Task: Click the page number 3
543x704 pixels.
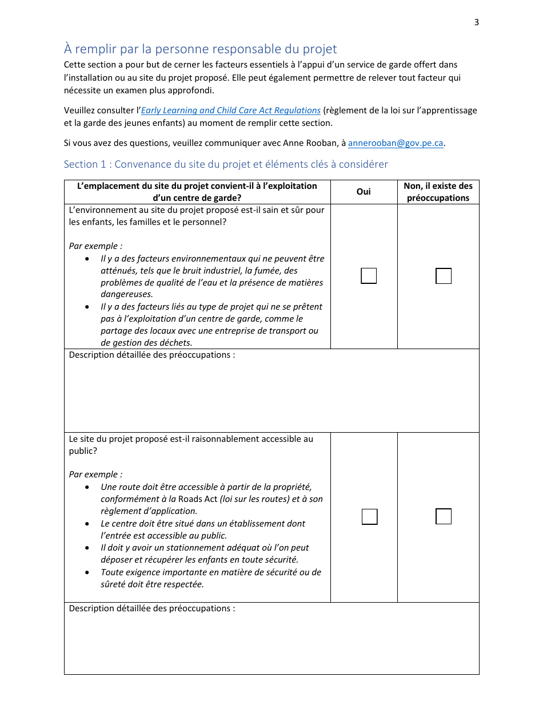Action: (x=476, y=22)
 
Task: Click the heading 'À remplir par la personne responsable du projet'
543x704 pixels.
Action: (x=200, y=49)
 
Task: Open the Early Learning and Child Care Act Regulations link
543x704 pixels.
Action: (x=231, y=110)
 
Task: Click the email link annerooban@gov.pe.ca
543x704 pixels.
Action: (x=396, y=143)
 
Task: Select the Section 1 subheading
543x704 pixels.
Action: (x=226, y=164)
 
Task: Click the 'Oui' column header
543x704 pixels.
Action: (x=364, y=192)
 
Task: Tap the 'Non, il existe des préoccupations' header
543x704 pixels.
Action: (x=438, y=192)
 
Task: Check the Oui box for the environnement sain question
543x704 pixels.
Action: (x=369, y=276)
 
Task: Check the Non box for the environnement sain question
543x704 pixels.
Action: (x=444, y=276)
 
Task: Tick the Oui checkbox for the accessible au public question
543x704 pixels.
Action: (x=369, y=516)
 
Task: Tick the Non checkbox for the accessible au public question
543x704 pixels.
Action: (x=444, y=516)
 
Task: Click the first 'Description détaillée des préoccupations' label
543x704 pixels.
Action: (x=151, y=355)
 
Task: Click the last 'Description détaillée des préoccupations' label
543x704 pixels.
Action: (x=151, y=608)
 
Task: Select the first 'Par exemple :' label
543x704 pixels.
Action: (x=95, y=246)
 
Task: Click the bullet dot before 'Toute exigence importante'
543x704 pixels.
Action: (x=86, y=572)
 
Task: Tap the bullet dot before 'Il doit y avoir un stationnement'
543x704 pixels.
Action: (x=86, y=548)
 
